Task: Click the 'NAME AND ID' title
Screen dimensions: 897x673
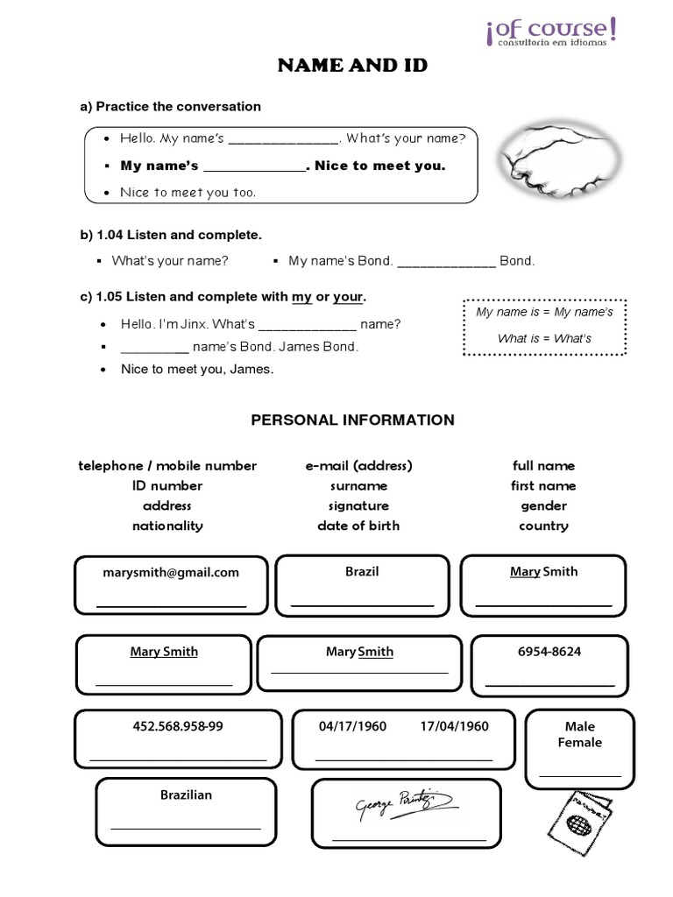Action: pyautogui.click(x=352, y=66)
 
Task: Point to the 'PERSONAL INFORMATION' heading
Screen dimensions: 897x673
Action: pyautogui.click(x=352, y=420)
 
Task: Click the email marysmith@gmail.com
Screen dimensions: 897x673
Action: pyautogui.click(x=170, y=573)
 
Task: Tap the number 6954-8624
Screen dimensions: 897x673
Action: pyautogui.click(x=549, y=652)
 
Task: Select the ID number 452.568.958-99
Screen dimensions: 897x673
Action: pyautogui.click(x=178, y=726)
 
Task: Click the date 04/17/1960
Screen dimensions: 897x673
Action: pyautogui.click(x=352, y=726)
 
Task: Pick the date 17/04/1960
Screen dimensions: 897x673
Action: pyautogui.click(x=454, y=726)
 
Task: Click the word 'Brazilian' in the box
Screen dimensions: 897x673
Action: pyautogui.click(x=186, y=795)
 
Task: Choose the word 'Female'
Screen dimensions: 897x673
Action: pyautogui.click(x=579, y=742)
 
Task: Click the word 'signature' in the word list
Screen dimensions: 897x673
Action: pyautogui.click(x=358, y=505)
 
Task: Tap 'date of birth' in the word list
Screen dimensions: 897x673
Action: pyautogui.click(x=358, y=526)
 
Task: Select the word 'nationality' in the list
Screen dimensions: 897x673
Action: pyautogui.click(x=167, y=526)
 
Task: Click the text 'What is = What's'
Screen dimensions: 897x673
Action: pyautogui.click(x=544, y=338)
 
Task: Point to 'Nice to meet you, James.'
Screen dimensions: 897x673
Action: pyautogui.click(x=197, y=369)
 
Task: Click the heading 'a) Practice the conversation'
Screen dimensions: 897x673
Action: pyautogui.click(x=171, y=107)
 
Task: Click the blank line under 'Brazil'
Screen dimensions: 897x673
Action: pyautogui.click(x=362, y=604)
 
